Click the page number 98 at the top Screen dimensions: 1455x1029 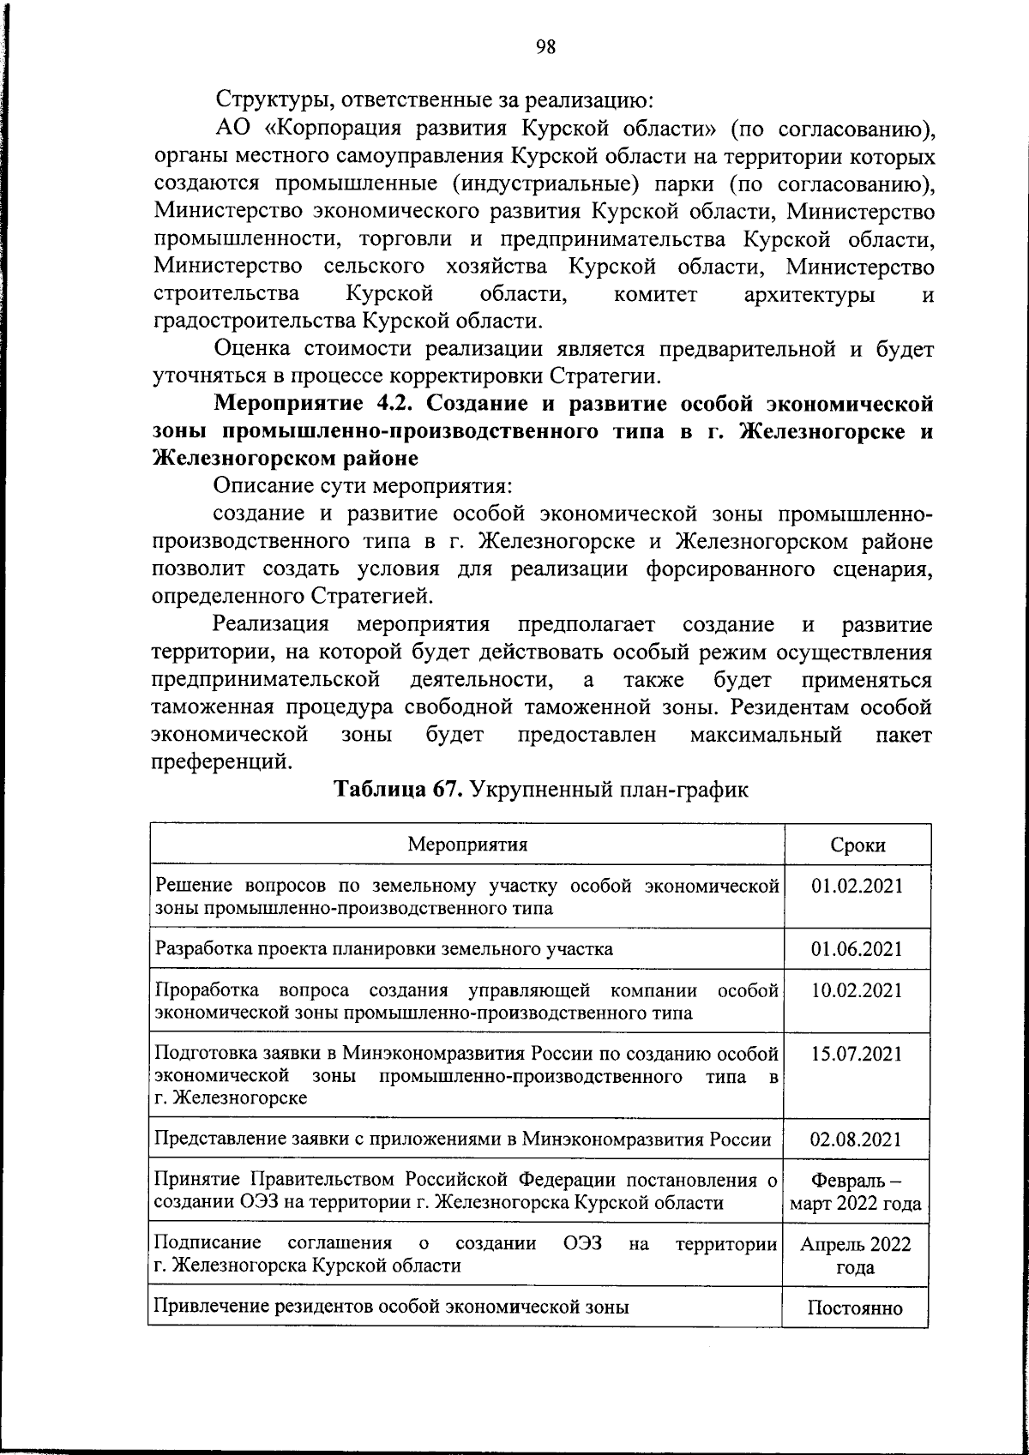coord(545,48)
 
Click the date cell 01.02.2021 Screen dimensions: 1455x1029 coord(857,886)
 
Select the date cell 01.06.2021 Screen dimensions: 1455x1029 coord(857,949)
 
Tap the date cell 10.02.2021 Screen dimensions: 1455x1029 coord(857,991)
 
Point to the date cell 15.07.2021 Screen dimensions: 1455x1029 coord(857,1054)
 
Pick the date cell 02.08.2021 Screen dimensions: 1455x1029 coord(857,1139)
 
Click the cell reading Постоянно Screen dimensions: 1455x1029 coord(856,1308)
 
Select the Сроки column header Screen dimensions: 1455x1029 coord(857,845)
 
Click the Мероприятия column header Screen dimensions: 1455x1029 coord(467,844)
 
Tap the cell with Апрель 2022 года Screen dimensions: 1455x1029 coord(856,1256)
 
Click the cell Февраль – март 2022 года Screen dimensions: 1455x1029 coord(856,1193)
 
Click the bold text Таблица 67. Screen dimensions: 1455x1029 coord(398,790)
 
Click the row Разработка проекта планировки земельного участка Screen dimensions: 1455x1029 coord(383,949)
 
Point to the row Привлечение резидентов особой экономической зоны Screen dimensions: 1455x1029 coord(391,1308)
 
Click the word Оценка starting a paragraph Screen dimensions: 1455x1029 coord(250,349)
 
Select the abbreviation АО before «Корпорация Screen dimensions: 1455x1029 coord(231,129)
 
